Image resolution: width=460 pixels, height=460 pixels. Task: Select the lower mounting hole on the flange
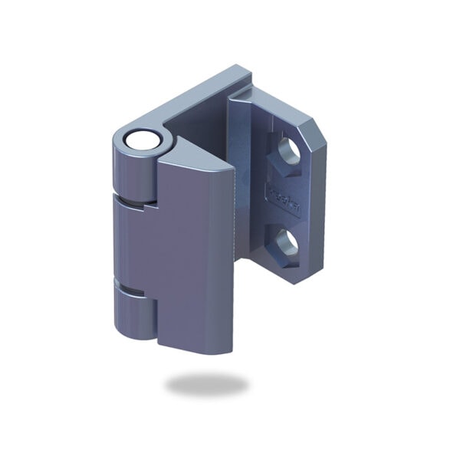click(x=287, y=245)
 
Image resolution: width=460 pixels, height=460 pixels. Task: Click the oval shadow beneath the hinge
click(x=207, y=384)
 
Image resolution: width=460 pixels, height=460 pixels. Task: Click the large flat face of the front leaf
click(x=195, y=253)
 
